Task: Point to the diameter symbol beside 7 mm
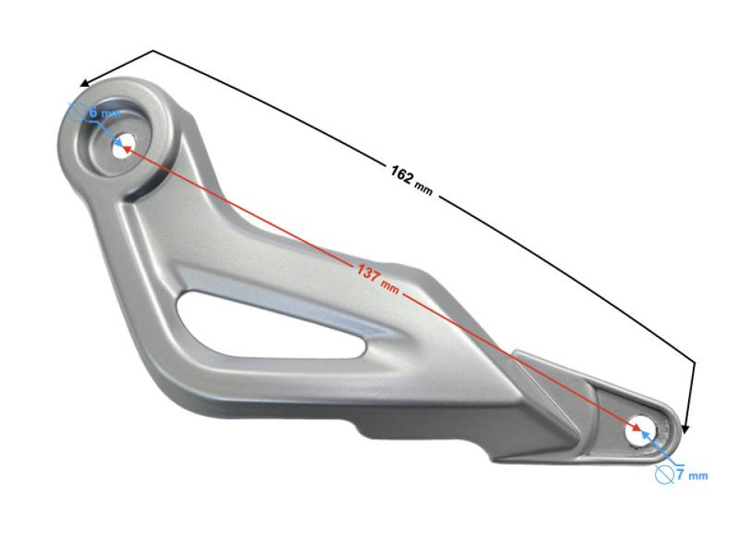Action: pyautogui.click(x=664, y=475)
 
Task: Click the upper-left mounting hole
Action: pyautogui.click(x=122, y=148)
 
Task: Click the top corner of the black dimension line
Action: pyautogui.click(x=154, y=51)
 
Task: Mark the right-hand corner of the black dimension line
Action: pyautogui.click(x=694, y=362)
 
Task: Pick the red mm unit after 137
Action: pyautogui.click(x=390, y=287)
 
